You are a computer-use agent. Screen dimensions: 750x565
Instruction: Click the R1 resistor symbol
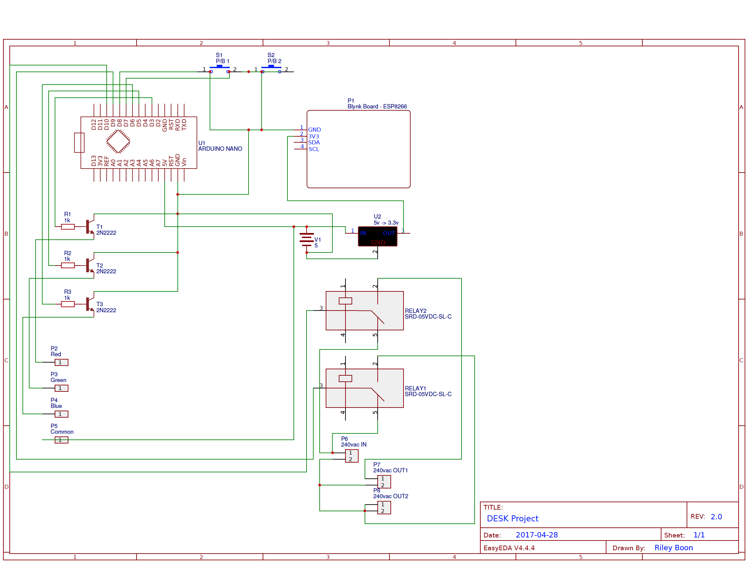[x=68, y=227]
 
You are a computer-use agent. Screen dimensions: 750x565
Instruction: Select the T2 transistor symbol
[x=90, y=265]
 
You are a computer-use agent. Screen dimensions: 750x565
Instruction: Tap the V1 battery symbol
[x=307, y=240]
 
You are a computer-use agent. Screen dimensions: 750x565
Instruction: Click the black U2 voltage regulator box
[x=378, y=237]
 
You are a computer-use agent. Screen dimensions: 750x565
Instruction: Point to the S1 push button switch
[x=219, y=69]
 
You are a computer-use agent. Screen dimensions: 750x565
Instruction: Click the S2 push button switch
[x=271, y=69]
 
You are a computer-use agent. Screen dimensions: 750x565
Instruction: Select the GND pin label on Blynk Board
[x=314, y=130]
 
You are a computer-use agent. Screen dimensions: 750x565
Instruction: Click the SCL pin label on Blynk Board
[x=314, y=149]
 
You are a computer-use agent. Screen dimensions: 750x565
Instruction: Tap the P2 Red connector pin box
[x=61, y=363]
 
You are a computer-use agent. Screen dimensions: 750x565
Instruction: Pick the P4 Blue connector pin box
[x=61, y=414]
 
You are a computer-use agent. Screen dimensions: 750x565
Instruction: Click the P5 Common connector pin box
[x=61, y=440]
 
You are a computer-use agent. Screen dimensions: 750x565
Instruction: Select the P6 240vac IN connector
[x=352, y=456]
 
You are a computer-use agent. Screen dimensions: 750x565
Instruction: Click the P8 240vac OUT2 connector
[x=384, y=508]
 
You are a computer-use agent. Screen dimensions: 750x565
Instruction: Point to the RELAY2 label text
[x=416, y=311]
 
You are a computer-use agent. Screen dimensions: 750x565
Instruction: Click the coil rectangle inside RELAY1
[x=345, y=378]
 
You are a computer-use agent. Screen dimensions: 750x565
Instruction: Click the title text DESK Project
[x=513, y=519]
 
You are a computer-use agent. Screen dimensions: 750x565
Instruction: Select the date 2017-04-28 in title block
[x=537, y=535]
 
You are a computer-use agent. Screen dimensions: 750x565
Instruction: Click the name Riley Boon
[x=674, y=548]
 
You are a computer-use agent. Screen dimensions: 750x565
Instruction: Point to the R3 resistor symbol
[x=68, y=304]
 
